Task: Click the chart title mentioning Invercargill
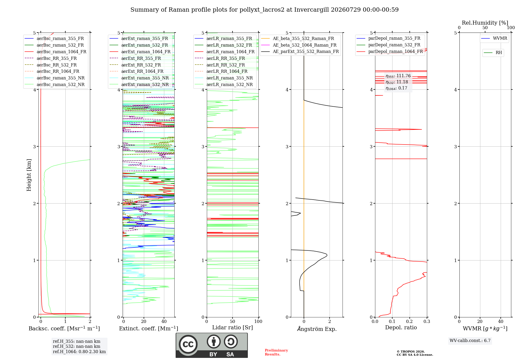click(264, 10)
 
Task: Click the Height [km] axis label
click(29, 175)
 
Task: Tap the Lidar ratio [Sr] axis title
click(232, 327)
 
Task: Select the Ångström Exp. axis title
click(317, 329)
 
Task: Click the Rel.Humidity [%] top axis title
click(485, 23)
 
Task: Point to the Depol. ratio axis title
click(401, 327)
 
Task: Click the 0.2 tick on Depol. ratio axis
click(409, 321)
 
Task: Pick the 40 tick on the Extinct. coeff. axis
click(164, 321)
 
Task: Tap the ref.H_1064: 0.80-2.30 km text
click(79, 352)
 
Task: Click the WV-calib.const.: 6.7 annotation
click(470, 341)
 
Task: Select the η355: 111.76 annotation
click(398, 76)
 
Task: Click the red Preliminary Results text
click(276, 352)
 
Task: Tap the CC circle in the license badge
click(188, 344)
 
